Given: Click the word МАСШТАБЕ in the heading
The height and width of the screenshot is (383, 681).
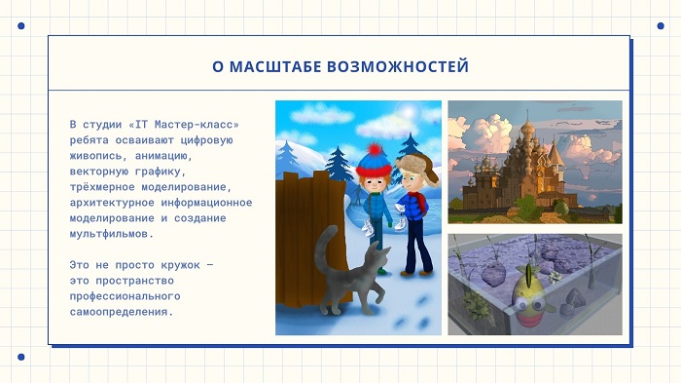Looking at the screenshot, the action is tap(275, 66).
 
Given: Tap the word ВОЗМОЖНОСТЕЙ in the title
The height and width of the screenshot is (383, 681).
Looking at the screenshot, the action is tap(398, 66).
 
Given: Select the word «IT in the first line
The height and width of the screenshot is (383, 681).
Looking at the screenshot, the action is tap(138, 125).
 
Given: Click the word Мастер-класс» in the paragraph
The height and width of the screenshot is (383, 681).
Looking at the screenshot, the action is tap(197, 125).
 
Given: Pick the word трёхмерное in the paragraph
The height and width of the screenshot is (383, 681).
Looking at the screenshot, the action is tap(102, 187).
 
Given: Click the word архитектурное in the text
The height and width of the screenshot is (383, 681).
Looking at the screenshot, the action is tap(112, 203).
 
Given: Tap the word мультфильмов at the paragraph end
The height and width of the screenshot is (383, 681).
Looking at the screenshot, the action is tap(109, 234).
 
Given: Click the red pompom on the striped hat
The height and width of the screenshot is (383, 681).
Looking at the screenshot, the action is tap(375, 150).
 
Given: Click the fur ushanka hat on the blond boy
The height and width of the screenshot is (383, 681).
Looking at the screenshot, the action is tap(417, 167).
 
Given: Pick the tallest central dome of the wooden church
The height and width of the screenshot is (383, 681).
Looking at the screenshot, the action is tap(527, 127).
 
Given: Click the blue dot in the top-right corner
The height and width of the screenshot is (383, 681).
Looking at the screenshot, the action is tap(661, 26).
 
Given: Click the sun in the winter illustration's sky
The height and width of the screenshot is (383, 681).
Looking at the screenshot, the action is tap(408, 112).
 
